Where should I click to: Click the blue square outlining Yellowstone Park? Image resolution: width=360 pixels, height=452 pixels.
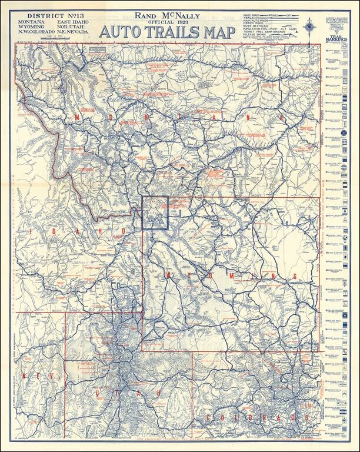pyautogui.click(x=155, y=212)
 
